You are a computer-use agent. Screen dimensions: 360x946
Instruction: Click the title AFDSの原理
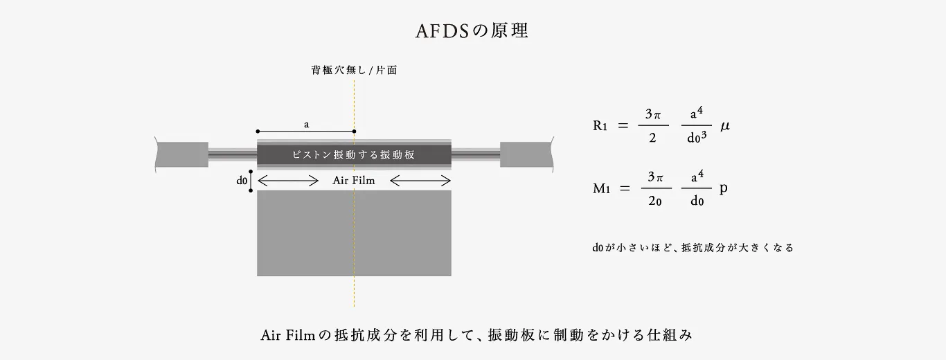point(472,32)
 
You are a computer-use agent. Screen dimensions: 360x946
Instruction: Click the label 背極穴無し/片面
point(354,71)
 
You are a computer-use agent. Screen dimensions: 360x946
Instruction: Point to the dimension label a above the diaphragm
point(306,125)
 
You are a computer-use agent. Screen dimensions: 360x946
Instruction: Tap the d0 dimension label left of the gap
point(242,181)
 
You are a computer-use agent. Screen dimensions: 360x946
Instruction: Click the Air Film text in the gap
point(354,181)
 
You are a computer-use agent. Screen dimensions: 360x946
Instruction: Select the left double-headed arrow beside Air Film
point(287,181)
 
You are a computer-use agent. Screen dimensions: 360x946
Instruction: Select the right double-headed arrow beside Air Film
point(420,181)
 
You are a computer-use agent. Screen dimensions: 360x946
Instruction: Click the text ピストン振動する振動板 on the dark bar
point(354,154)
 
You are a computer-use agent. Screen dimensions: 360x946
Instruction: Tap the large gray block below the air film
point(354,233)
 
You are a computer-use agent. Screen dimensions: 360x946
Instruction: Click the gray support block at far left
point(182,154)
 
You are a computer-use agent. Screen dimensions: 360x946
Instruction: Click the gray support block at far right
point(526,154)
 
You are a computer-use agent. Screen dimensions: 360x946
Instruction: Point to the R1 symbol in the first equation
point(600,126)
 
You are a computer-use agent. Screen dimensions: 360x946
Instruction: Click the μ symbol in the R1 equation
point(725,126)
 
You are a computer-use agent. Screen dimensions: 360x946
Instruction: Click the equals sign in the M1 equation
point(625,189)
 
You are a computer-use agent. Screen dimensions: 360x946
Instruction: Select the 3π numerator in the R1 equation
point(653,114)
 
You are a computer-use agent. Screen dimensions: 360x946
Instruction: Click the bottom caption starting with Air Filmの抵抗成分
point(476,335)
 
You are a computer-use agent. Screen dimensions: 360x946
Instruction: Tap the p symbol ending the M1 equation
point(723,189)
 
